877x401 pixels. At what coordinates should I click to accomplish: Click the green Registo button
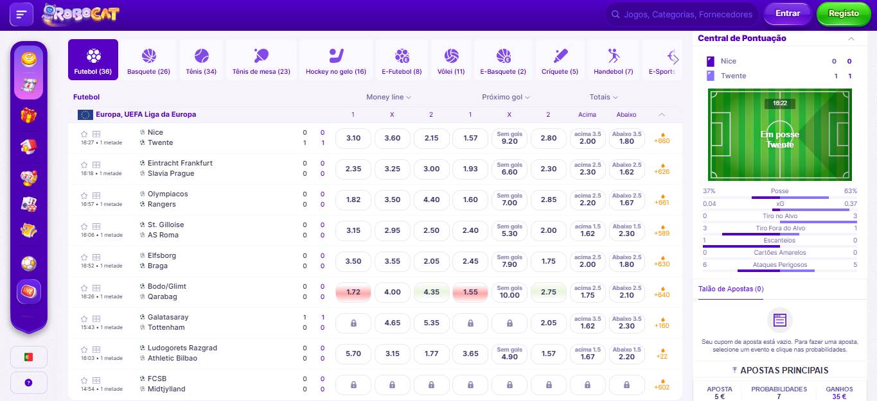tap(843, 14)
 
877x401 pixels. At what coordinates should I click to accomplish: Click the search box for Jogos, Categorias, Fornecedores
tap(681, 14)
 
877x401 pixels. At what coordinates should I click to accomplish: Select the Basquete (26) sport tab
tap(148, 60)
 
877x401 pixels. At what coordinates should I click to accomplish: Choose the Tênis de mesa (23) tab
tap(261, 60)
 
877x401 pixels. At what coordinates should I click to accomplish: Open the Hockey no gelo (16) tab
tap(335, 60)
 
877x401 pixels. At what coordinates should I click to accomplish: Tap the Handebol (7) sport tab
tap(613, 60)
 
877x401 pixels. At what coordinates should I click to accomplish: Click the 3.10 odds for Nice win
tap(353, 138)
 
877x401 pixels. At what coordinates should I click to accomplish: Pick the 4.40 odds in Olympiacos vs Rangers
tap(431, 200)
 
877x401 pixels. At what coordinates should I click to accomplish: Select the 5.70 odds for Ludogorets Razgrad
tap(353, 354)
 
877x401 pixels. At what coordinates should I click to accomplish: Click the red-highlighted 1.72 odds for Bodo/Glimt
tap(353, 292)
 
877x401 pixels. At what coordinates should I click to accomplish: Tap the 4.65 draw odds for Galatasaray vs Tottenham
tap(392, 323)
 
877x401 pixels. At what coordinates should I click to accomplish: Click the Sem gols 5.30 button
tap(509, 230)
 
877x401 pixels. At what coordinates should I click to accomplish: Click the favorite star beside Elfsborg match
tap(84, 257)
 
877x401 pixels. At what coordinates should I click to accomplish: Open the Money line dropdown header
tap(388, 97)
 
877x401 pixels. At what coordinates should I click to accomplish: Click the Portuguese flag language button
tap(28, 357)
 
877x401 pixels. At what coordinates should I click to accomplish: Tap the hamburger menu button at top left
tap(21, 14)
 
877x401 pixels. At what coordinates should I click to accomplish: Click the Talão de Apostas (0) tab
tap(731, 289)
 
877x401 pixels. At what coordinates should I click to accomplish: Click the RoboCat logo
tap(80, 14)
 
